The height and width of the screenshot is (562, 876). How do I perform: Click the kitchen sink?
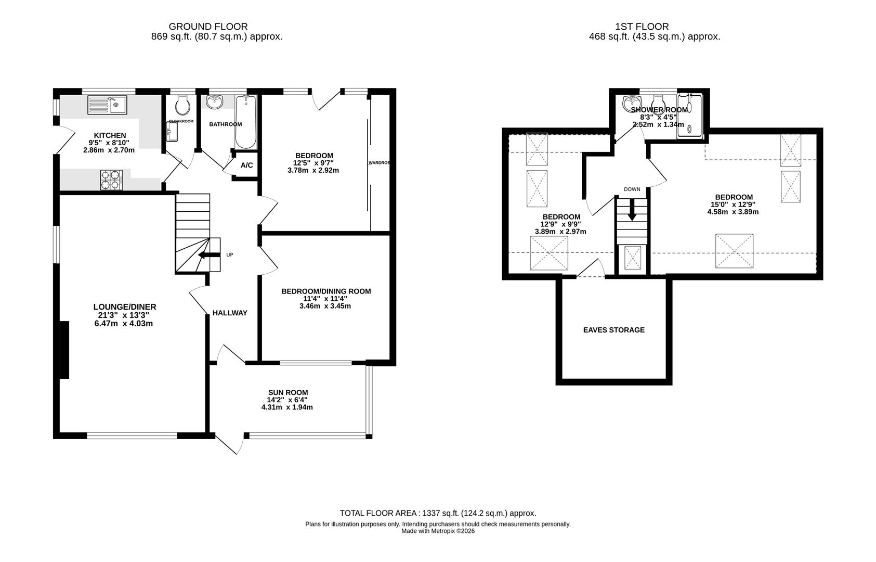click(107, 105)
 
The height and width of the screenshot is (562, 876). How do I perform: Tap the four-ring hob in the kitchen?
click(111, 180)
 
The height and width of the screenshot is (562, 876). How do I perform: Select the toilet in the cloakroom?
click(182, 106)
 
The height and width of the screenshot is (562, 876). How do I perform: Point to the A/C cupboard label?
click(246, 165)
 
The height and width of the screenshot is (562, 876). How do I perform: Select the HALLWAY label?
click(230, 313)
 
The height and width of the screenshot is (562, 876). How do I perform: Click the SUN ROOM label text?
click(287, 392)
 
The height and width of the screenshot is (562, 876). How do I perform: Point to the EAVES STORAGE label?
click(613, 330)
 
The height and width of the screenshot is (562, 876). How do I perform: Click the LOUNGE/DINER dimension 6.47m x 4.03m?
click(124, 323)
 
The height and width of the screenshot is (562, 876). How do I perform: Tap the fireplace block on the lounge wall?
click(64, 349)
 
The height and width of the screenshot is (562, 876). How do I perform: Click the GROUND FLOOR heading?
click(208, 26)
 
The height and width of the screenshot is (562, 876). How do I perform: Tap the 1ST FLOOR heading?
click(642, 26)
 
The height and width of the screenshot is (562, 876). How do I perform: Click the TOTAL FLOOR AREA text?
click(438, 513)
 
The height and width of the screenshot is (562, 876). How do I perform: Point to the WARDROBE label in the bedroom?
click(379, 163)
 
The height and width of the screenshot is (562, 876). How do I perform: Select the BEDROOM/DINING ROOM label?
click(326, 291)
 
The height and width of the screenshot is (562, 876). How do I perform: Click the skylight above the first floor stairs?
click(633, 258)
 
